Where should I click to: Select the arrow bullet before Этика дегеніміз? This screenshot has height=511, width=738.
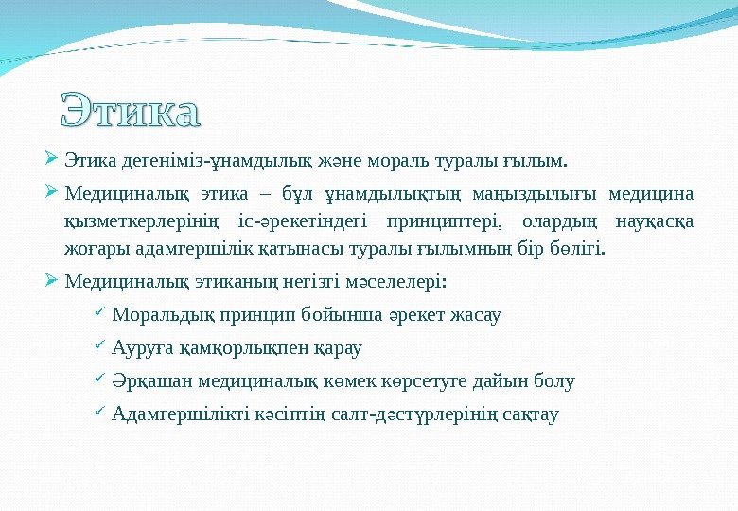click(x=52, y=153)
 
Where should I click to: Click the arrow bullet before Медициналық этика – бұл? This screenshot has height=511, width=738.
click(x=52, y=194)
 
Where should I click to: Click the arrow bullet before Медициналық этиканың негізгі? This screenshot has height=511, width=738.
click(x=52, y=281)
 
